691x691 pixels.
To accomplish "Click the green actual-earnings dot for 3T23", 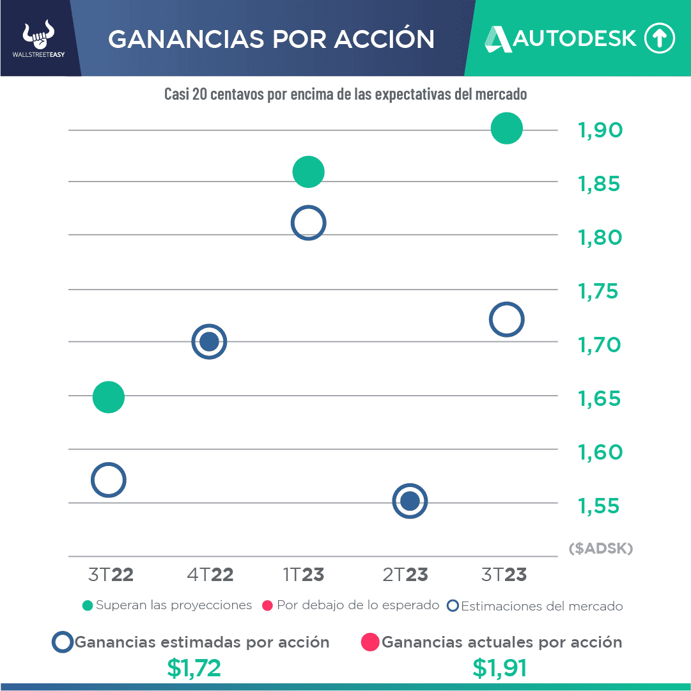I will pos(506,128).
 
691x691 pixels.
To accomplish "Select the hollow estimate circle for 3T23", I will pos(506,320).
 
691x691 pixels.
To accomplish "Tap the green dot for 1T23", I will pos(309,172).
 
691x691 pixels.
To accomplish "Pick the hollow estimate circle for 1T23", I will pos(309,223).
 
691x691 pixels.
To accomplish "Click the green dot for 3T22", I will pos(108,397).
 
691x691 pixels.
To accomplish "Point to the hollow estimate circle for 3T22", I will pos(108,480).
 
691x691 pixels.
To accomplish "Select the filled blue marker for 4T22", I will pos(209,342).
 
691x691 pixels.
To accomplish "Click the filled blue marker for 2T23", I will pos(410,501).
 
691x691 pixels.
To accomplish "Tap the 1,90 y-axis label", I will pos(600,130).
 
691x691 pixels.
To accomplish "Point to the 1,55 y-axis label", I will pos(600,506).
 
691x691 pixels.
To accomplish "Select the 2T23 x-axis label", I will pos(405,575).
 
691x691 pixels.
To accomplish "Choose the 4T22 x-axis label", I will pos(210,575).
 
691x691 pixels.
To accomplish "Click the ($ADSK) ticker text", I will pos(600,548).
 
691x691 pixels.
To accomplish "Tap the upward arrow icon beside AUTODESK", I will pos(659,38).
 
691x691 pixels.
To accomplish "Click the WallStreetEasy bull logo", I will pos(38,37).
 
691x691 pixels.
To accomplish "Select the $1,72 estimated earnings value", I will pos(194,668).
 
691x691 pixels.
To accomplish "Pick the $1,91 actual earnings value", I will pos(500,668).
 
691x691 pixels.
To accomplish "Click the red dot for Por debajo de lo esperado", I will pos(268,605).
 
